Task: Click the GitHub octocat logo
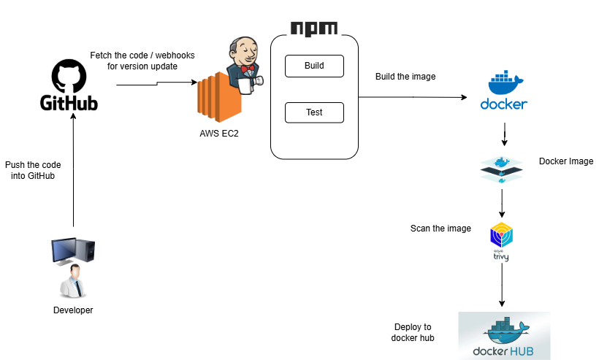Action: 69,76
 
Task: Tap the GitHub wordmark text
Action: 69,104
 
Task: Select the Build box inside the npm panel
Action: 314,66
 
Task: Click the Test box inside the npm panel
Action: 314,112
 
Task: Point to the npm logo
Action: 314,28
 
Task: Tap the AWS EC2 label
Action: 218,133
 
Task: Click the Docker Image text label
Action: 565,161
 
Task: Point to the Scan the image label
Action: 440,229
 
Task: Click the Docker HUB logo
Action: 504,335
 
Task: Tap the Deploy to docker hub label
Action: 413,332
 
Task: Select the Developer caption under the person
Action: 73,310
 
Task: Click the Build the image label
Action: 405,77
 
